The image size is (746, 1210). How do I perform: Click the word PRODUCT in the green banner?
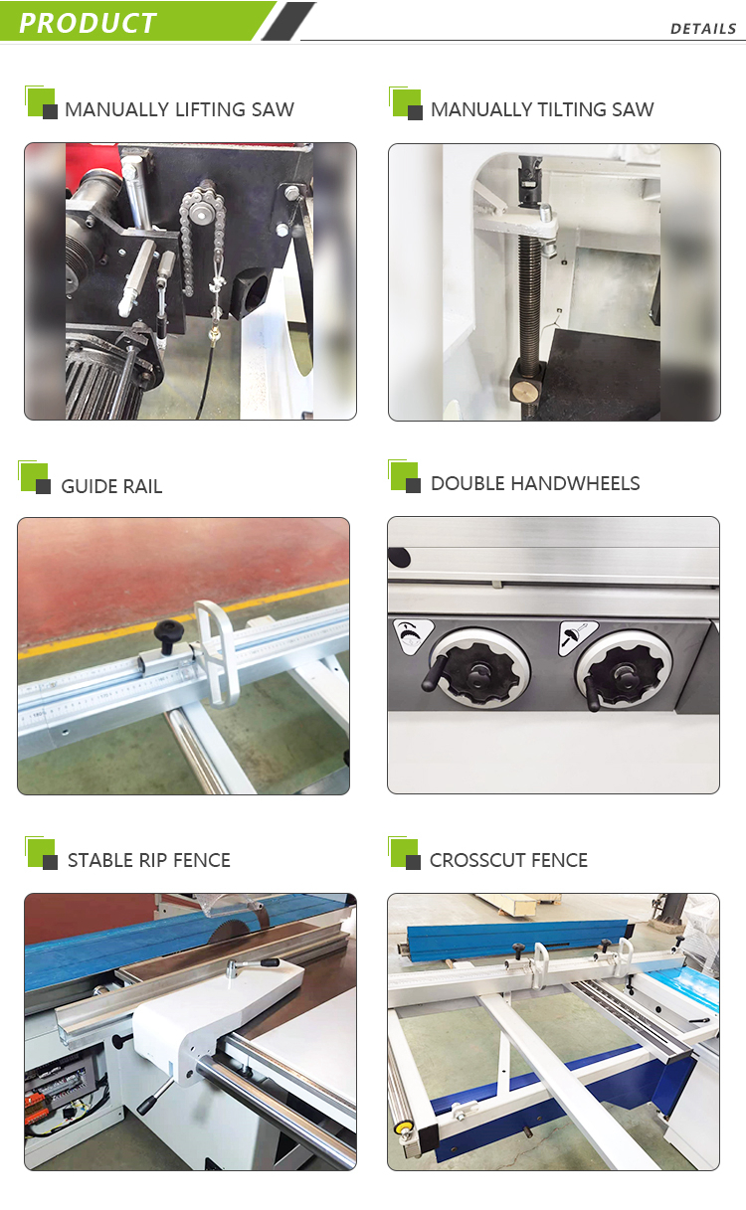(x=88, y=23)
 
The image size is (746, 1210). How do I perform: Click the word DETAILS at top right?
(x=702, y=29)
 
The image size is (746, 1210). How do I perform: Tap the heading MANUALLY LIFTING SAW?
(x=179, y=109)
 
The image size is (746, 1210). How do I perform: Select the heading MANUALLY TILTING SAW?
(x=542, y=109)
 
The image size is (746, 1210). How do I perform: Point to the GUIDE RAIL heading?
(x=111, y=486)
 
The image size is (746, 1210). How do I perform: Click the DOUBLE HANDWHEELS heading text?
(x=535, y=484)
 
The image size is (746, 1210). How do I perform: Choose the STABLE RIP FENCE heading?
(x=149, y=860)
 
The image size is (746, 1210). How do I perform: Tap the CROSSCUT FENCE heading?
(x=508, y=860)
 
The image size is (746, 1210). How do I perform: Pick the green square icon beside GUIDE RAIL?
(x=32, y=474)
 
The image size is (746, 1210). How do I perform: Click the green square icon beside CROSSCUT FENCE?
(x=402, y=850)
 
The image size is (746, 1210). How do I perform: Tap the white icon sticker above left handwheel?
(x=414, y=635)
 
